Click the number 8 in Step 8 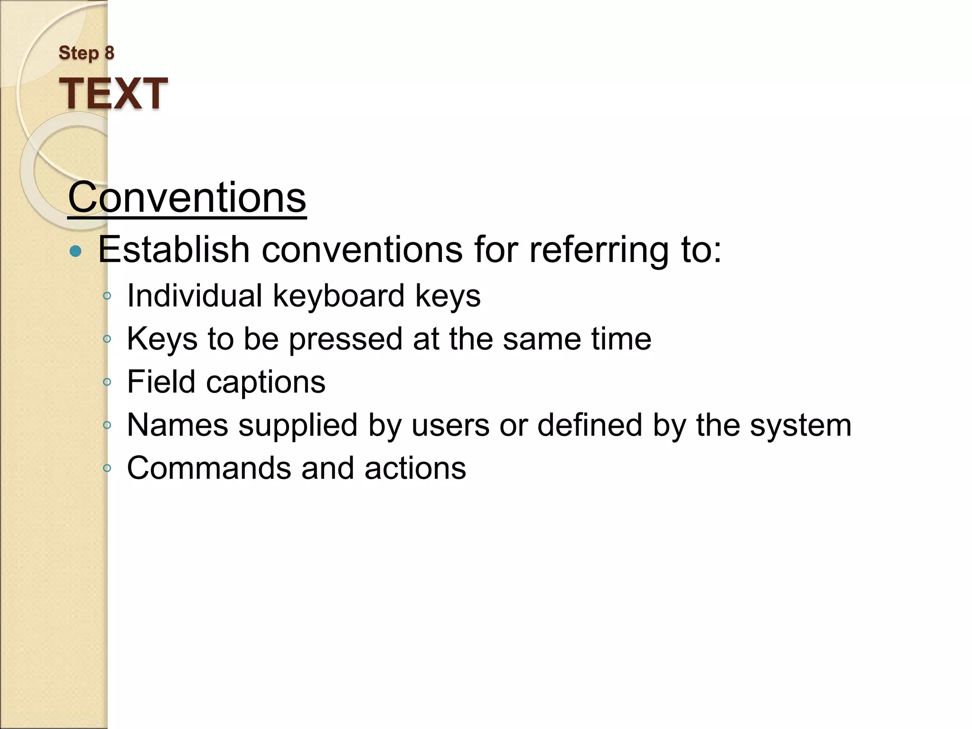[109, 53]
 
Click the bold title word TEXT [113, 93]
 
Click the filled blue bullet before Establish [75, 251]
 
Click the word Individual [195, 295]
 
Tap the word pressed [346, 339]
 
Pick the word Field [161, 382]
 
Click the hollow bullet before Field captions [107, 382]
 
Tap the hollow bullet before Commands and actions [107, 468]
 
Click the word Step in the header [79, 53]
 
